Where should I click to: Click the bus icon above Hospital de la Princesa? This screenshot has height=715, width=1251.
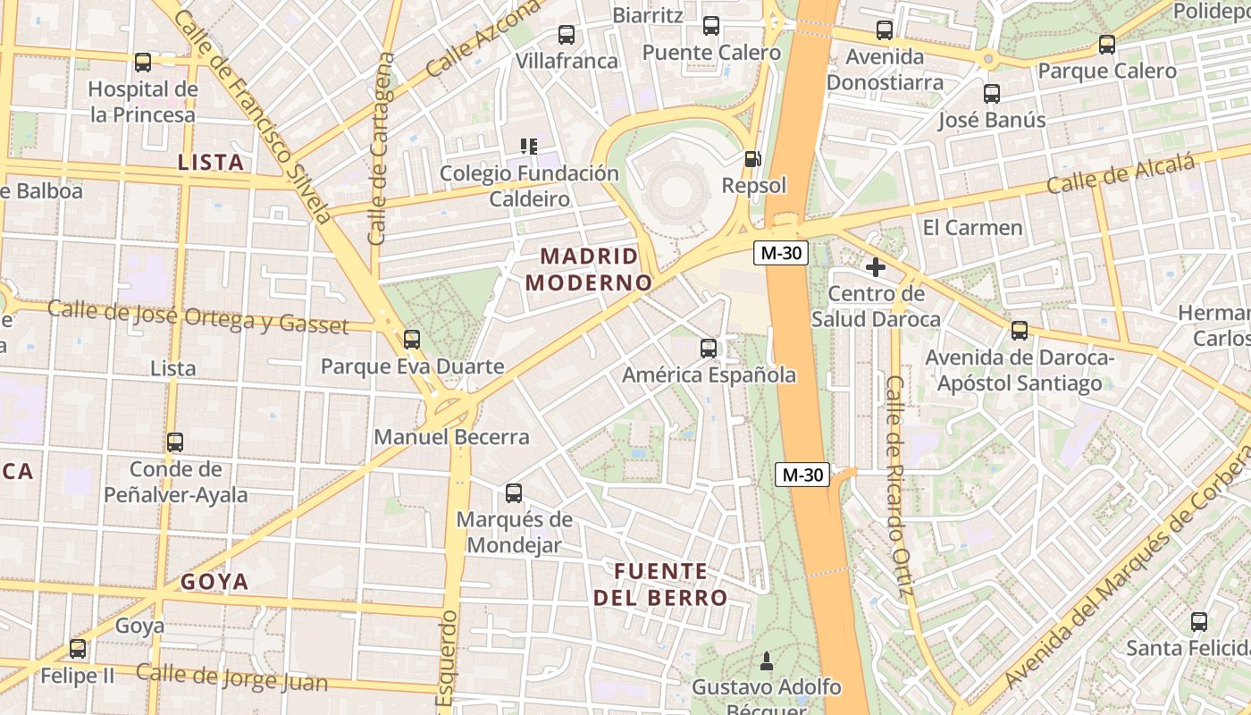(143, 63)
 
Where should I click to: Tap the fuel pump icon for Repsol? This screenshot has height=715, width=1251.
(753, 159)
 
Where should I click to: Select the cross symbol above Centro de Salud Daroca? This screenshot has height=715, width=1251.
(876, 267)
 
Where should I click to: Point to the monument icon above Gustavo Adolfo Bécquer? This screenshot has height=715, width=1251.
(766, 661)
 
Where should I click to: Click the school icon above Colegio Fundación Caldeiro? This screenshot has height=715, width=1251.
(529, 146)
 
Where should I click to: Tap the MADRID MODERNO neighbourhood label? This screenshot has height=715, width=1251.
(589, 270)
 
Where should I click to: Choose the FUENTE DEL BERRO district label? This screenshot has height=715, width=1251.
(660, 585)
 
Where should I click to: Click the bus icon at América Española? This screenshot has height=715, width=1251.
(709, 349)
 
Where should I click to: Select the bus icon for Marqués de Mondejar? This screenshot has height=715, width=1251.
(514, 493)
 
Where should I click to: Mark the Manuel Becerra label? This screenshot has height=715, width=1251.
(451, 437)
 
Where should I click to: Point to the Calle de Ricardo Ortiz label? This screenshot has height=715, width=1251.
(896, 486)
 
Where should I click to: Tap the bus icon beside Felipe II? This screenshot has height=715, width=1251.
(78, 649)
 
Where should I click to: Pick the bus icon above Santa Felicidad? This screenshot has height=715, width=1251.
(1199, 622)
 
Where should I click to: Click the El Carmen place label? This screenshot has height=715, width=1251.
(972, 227)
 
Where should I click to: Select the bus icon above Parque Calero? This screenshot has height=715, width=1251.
(1107, 45)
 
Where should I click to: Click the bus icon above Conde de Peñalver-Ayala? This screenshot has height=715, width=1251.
(175, 442)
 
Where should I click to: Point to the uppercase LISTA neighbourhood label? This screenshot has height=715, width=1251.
(211, 162)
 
